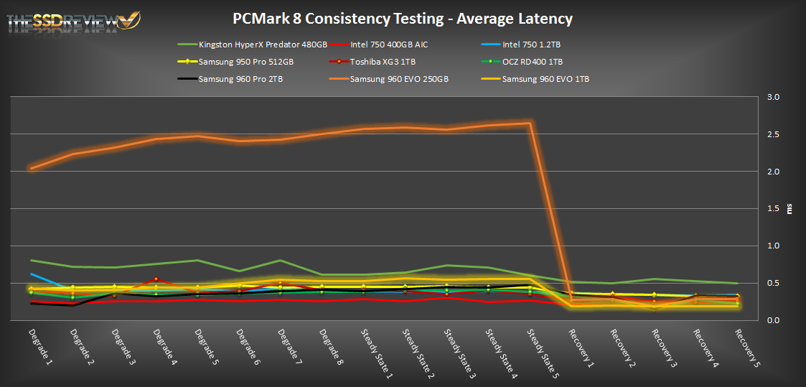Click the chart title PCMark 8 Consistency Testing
pyautogui.click(x=403, y=18)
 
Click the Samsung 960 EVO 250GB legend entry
pyautogui.click(x=399, y=79)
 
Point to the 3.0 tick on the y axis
pyautogui.click(x=774, y=97)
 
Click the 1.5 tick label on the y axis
pyautogui.click(x=774, y=208)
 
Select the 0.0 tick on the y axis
pyautogui.click(x=774, y=320)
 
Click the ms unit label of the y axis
pyautogui.click(x=790, y=209)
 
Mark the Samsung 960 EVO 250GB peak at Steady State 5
pyautogui.click(x=530, y=123)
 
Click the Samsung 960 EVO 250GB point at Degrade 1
pyautogui.click(x=31, y=168)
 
